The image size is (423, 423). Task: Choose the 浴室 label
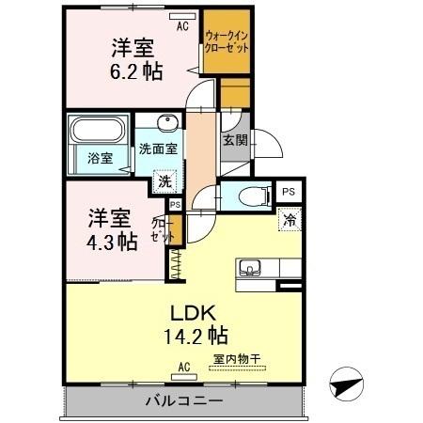pos(101,158)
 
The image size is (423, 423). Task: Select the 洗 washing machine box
pos(164,180)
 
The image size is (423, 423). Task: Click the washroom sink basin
pos(168,123)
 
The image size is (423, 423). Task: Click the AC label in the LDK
pos(182,367)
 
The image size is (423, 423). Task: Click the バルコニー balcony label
pos(183,401)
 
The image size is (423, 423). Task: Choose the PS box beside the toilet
pos(289,192)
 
